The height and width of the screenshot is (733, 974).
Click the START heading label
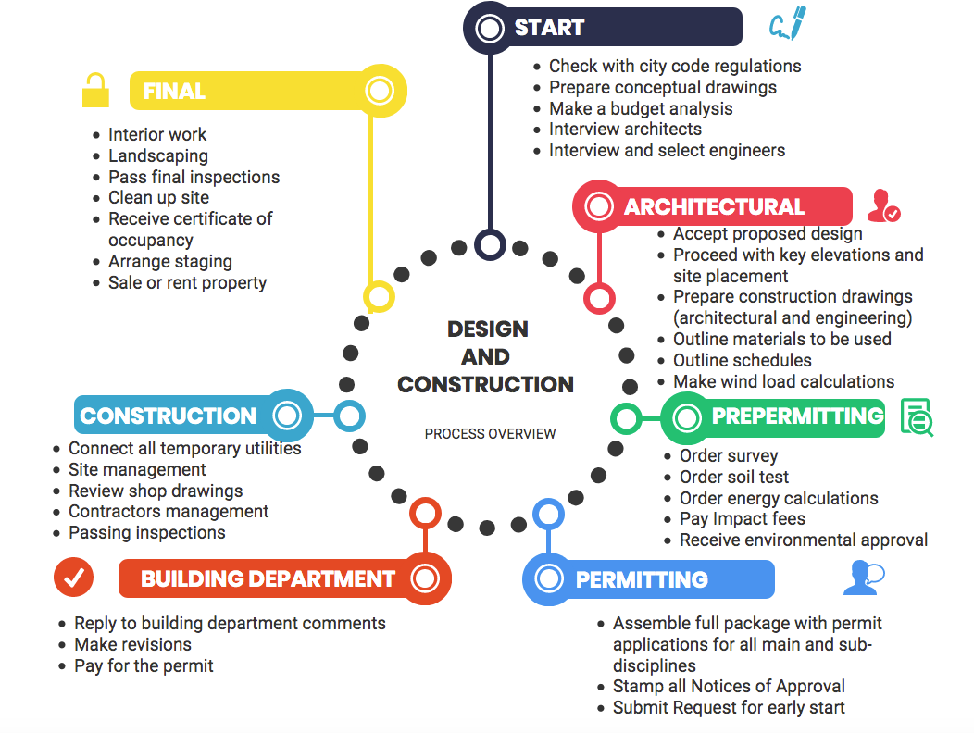[549, 28]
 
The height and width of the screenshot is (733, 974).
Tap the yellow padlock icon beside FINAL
[94, 91]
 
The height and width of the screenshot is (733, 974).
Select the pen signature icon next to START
[788, 25]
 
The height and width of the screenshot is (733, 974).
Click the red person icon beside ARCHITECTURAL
[883, 205]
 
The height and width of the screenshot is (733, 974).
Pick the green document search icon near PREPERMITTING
[916, 416]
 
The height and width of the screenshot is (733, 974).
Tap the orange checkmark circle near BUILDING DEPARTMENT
[73, 578]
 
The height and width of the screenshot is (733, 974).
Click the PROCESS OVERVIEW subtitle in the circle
[491, 433]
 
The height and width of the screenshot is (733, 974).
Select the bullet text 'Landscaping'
[158, 155]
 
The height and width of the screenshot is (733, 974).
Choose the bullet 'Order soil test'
[734, 477]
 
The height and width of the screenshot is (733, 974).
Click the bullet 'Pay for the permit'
[144, 665]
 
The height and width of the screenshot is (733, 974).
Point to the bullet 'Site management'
[137, 469]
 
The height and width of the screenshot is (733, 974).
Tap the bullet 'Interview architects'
[625, 129]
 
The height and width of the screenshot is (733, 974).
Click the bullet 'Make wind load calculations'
[783, 381]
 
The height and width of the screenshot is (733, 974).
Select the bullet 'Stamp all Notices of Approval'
[729, 687]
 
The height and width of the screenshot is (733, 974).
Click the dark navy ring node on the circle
[490, 244]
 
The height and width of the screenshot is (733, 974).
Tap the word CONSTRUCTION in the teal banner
[169, 416]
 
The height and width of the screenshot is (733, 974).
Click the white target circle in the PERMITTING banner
[549, 579]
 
